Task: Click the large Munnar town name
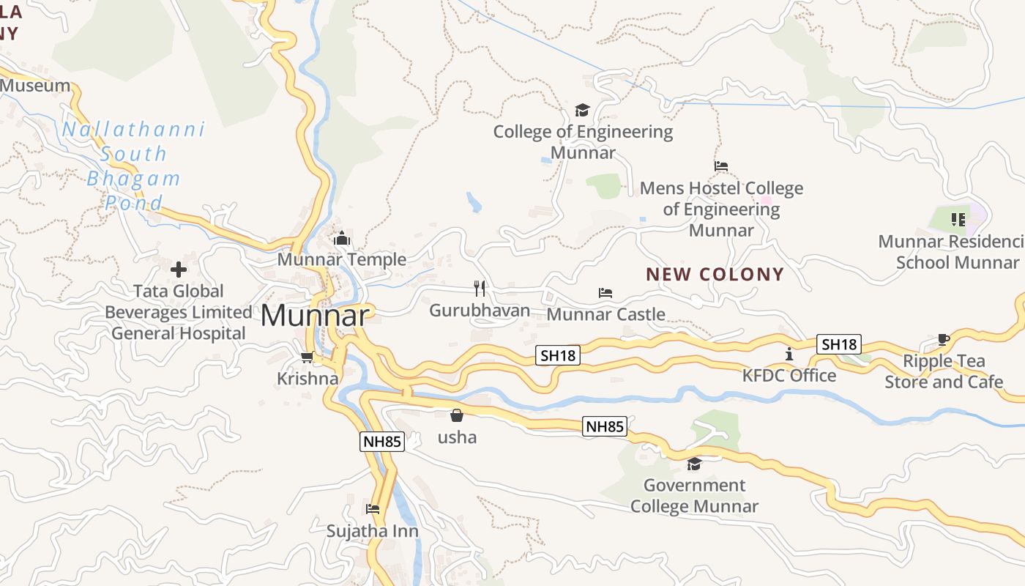[315, 316]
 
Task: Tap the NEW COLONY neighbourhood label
[715, 275]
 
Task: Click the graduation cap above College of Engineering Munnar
[582, 110]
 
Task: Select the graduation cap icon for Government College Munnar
[694, 464]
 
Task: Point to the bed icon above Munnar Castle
[605, 293]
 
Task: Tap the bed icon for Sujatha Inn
[373, 509]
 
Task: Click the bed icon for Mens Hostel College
[721, 166]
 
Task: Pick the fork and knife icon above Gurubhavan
[480, 288]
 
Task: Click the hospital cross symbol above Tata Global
[179, 270]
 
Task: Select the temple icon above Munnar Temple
[342, 238]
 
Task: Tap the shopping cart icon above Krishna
[307, 357]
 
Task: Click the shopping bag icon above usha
[457, 415]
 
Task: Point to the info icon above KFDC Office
[789, 354]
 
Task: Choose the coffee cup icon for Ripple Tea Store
[944, 339]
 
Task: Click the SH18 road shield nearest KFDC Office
[839, 344]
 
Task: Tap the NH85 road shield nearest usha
[605, 426]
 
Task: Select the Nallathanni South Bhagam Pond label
[133, 166]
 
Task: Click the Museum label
[35, 86]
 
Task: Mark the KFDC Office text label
[789, 376]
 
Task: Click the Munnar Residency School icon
[958, 219]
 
